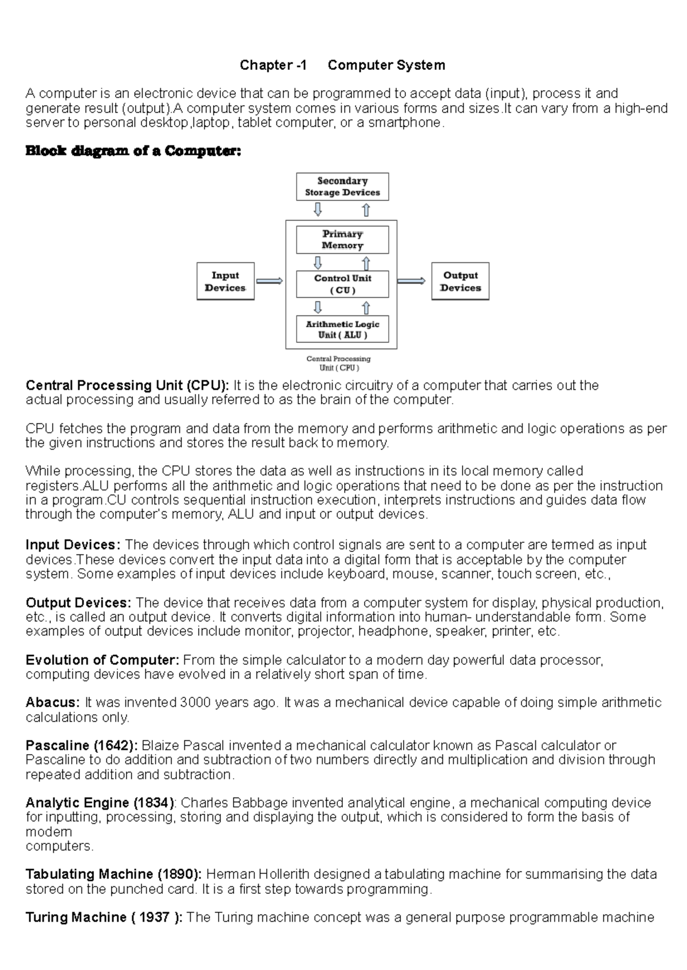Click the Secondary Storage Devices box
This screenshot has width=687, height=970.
pyautogui.click(x=342, y=187)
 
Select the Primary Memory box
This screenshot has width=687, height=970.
pyautogui.click(x=342, y=239)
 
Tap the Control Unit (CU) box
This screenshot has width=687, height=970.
pyautogui.click(x=342, y=284)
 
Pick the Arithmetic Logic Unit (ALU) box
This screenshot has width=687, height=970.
pyautogui.click(x=342, y=329)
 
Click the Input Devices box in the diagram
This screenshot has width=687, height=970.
pyautogui.click(x=225, y=281)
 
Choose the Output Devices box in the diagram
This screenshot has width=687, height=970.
pyautogui.click(x=460, y=281)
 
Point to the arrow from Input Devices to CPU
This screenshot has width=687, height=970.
pyautogui.click(x=270, y=281)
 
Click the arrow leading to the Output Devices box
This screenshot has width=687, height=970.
pyautogui.click(x=411, y=281)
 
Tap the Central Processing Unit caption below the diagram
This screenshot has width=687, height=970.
pyautogui.click(x=338, y=363)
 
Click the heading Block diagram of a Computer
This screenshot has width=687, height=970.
pyautogui.click(x=133, y=151)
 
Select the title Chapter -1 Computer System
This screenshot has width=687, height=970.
pyautogui.click(x=342, y=65)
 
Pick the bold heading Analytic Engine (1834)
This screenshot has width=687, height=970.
pyautogui.click(x=100, y=803)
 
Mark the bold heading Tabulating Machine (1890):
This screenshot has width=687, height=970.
pyautogui.click(x=113, y=874)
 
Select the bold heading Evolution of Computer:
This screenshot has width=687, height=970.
pyautogui.click(x=102, y=660)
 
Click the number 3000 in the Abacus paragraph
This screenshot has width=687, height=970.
pyautogui.click(x=195, y=703)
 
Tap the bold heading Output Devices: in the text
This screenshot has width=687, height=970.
pyautogui.click(x=78, y=603)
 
